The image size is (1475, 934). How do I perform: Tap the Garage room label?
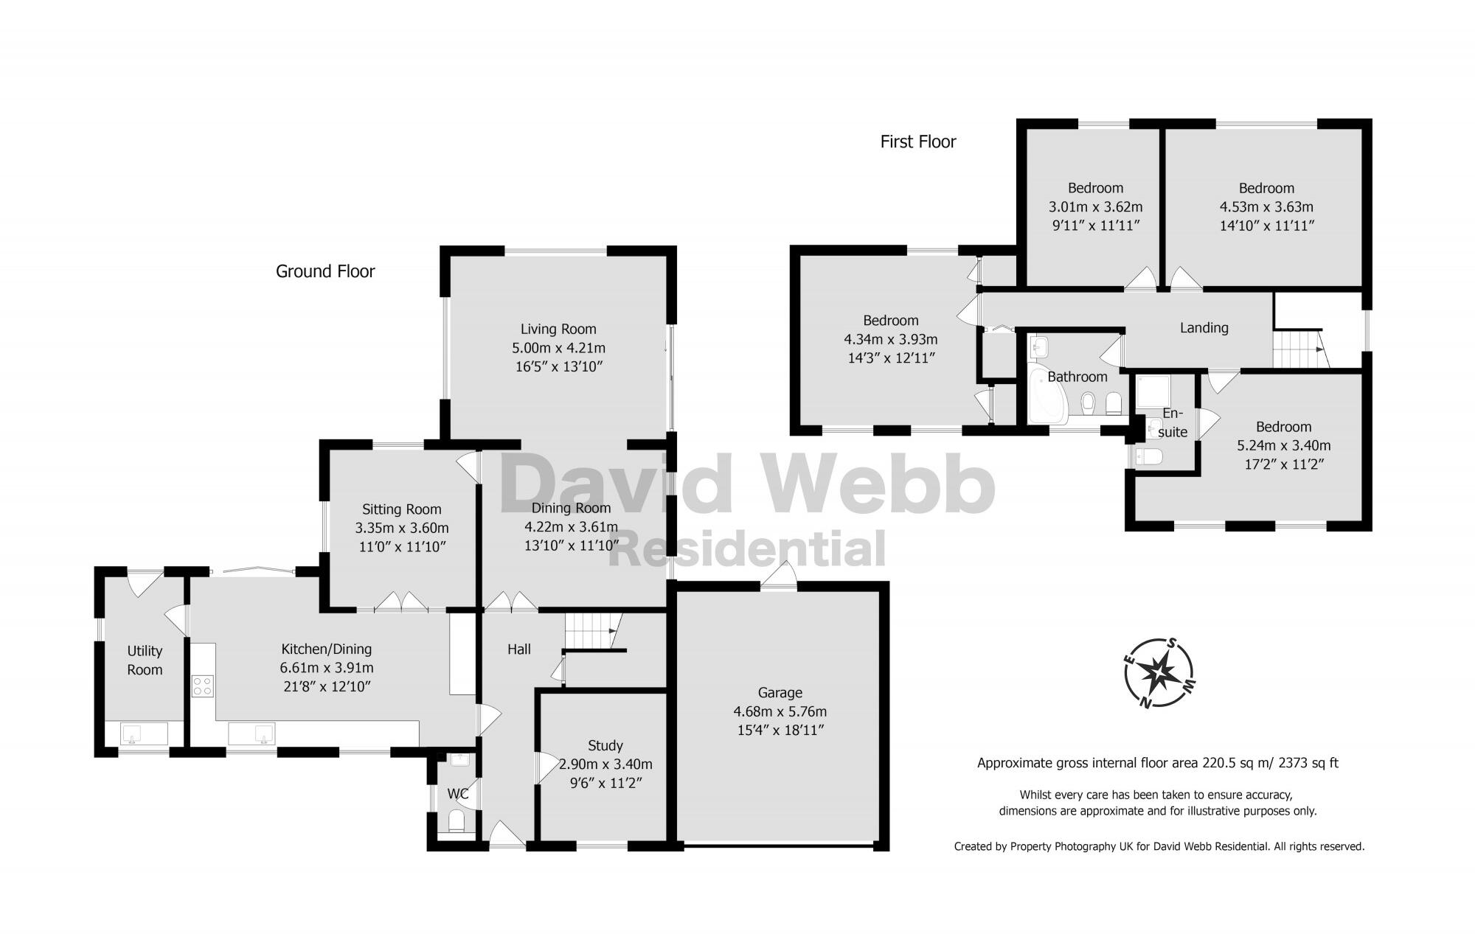[780, 692]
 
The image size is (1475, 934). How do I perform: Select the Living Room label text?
[558, 329]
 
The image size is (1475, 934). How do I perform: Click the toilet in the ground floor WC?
[457, 820]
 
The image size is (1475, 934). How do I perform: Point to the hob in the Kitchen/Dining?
[203, 686]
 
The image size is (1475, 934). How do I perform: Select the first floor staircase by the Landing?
[1299, 349]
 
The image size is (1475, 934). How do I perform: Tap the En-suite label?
[1173, 422]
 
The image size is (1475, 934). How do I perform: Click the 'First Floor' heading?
[917, 142]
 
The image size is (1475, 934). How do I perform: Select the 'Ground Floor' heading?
[325, 271]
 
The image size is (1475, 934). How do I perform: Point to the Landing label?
[1204, 328]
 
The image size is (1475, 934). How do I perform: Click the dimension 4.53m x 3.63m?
[1266, 207]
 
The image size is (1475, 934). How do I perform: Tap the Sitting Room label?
[401, 509]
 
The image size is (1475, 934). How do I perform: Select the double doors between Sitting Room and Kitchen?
[401, 602]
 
